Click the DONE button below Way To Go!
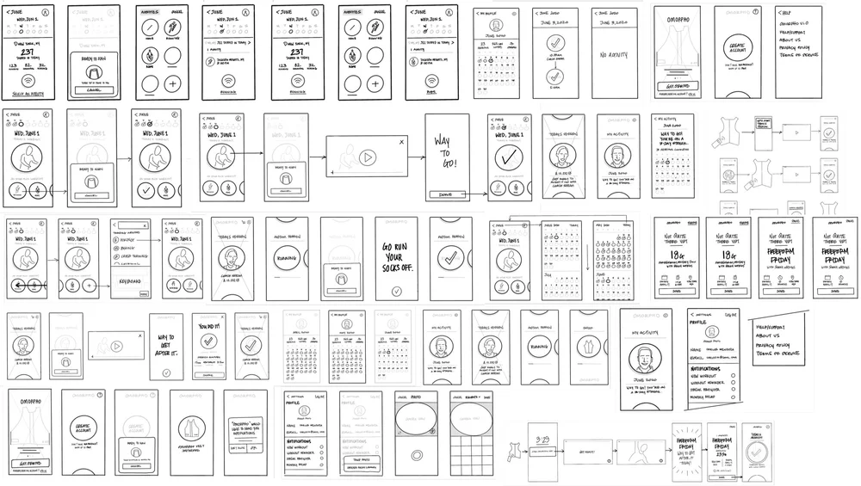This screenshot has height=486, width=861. pyautogui.click(x=445, y=195)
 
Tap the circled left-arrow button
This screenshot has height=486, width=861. pyautogui.click(x=20, y=285)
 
